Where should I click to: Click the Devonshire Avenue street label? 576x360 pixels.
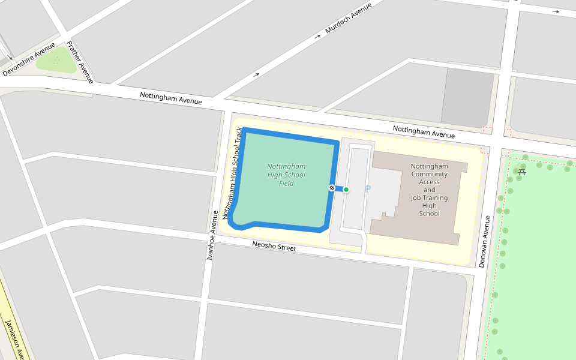point(28,59)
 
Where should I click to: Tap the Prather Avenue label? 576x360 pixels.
point(80,61)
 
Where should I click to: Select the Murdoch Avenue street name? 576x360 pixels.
point(348,18)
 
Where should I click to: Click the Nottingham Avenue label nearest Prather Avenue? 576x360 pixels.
point(171,98)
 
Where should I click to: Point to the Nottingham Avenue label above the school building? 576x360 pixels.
point(424,132)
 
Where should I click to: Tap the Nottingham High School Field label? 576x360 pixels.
point(286,175)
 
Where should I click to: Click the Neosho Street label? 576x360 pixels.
point(274,246)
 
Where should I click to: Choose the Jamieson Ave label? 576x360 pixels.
point(14,340)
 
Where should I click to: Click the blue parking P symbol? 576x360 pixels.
point(368,188)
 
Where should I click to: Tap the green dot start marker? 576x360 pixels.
point(346,189)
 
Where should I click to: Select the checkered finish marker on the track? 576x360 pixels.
point(331,188)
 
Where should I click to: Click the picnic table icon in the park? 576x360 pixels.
point(522,172)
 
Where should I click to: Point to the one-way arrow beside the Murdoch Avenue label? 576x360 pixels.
point(317,37)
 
